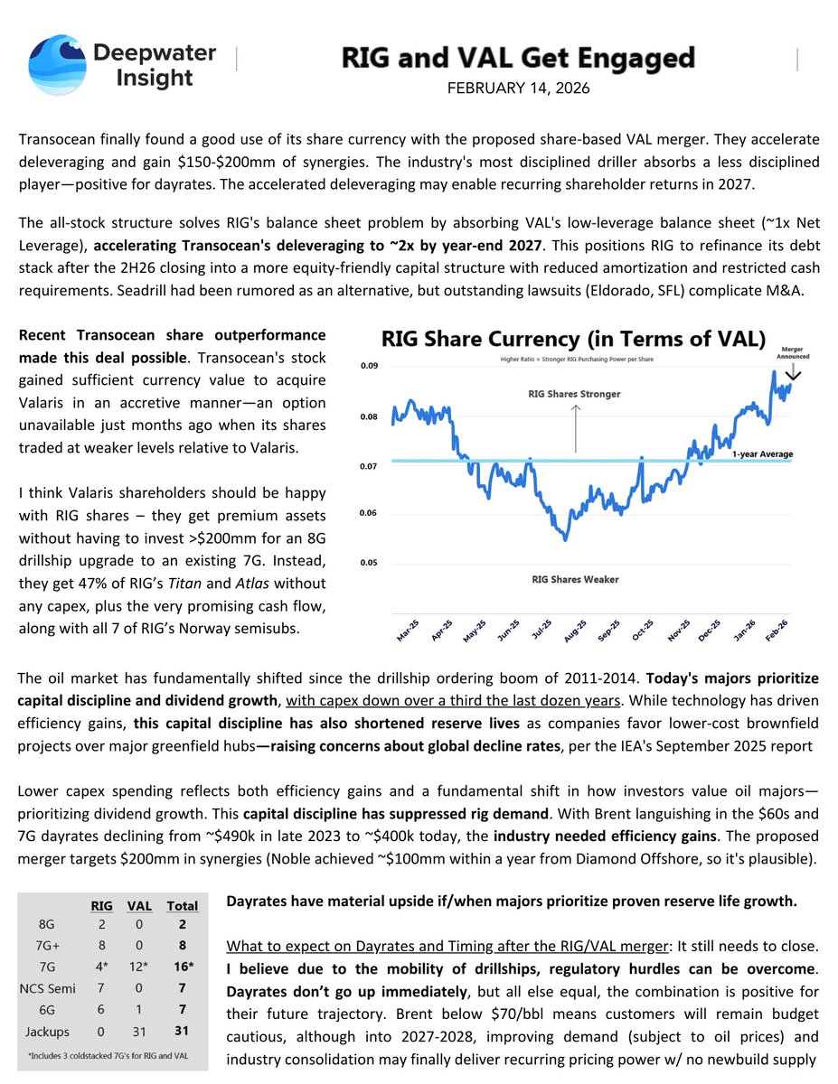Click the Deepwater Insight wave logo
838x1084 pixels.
pyautogui.click(x=56, y=64)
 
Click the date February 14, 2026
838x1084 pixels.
pyautogui.click(x=519, y=90)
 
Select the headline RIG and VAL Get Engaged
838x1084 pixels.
pyautogui.click(x=519, y=60)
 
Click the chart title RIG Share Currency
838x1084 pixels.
pyautogui.click(x=573, y=340)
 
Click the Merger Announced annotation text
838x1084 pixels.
pyautogui.click(x=792, y=351)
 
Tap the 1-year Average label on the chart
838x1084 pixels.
pyautogui.click(x=763, y=453)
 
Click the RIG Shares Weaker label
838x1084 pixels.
pyautogui.click(x=575, y=579)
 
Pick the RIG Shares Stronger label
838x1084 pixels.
pyautogui.click(x=575, y=395)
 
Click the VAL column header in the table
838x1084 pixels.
pyautogui.click(x=139, y=906)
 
